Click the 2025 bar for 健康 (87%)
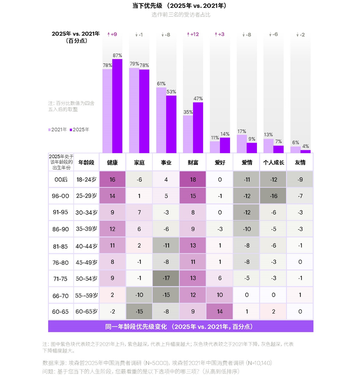pyautogui.click(x=117, y=106)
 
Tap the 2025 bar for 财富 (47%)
pyautogui.click(x=198, y=128)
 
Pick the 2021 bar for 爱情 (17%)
pyautogui.click(x=241, y=144)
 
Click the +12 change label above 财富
pyautogui.click(x=193, y=34)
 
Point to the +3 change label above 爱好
pyautogui.click(x=220, y=34)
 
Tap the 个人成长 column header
pyautogui.click(x=273, y=162)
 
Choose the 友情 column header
pyautogui.click(x=300, y=162)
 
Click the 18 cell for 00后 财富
pyautogui.click(x=193, y=179)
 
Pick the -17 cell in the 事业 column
pyautogui.click(x=166, y=278)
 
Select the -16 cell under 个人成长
pyautogui.click(x=273, y=196)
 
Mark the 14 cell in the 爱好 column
pyautogui.click(x=220, y=311)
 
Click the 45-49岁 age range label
pyautogui.click(x=86, y=262)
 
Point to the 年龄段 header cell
pyautogui.click(x=86, y=162)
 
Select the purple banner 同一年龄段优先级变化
pyautogui.click(x=181, y=326)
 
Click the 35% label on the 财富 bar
pyautogui.click(x=188, y=112)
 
